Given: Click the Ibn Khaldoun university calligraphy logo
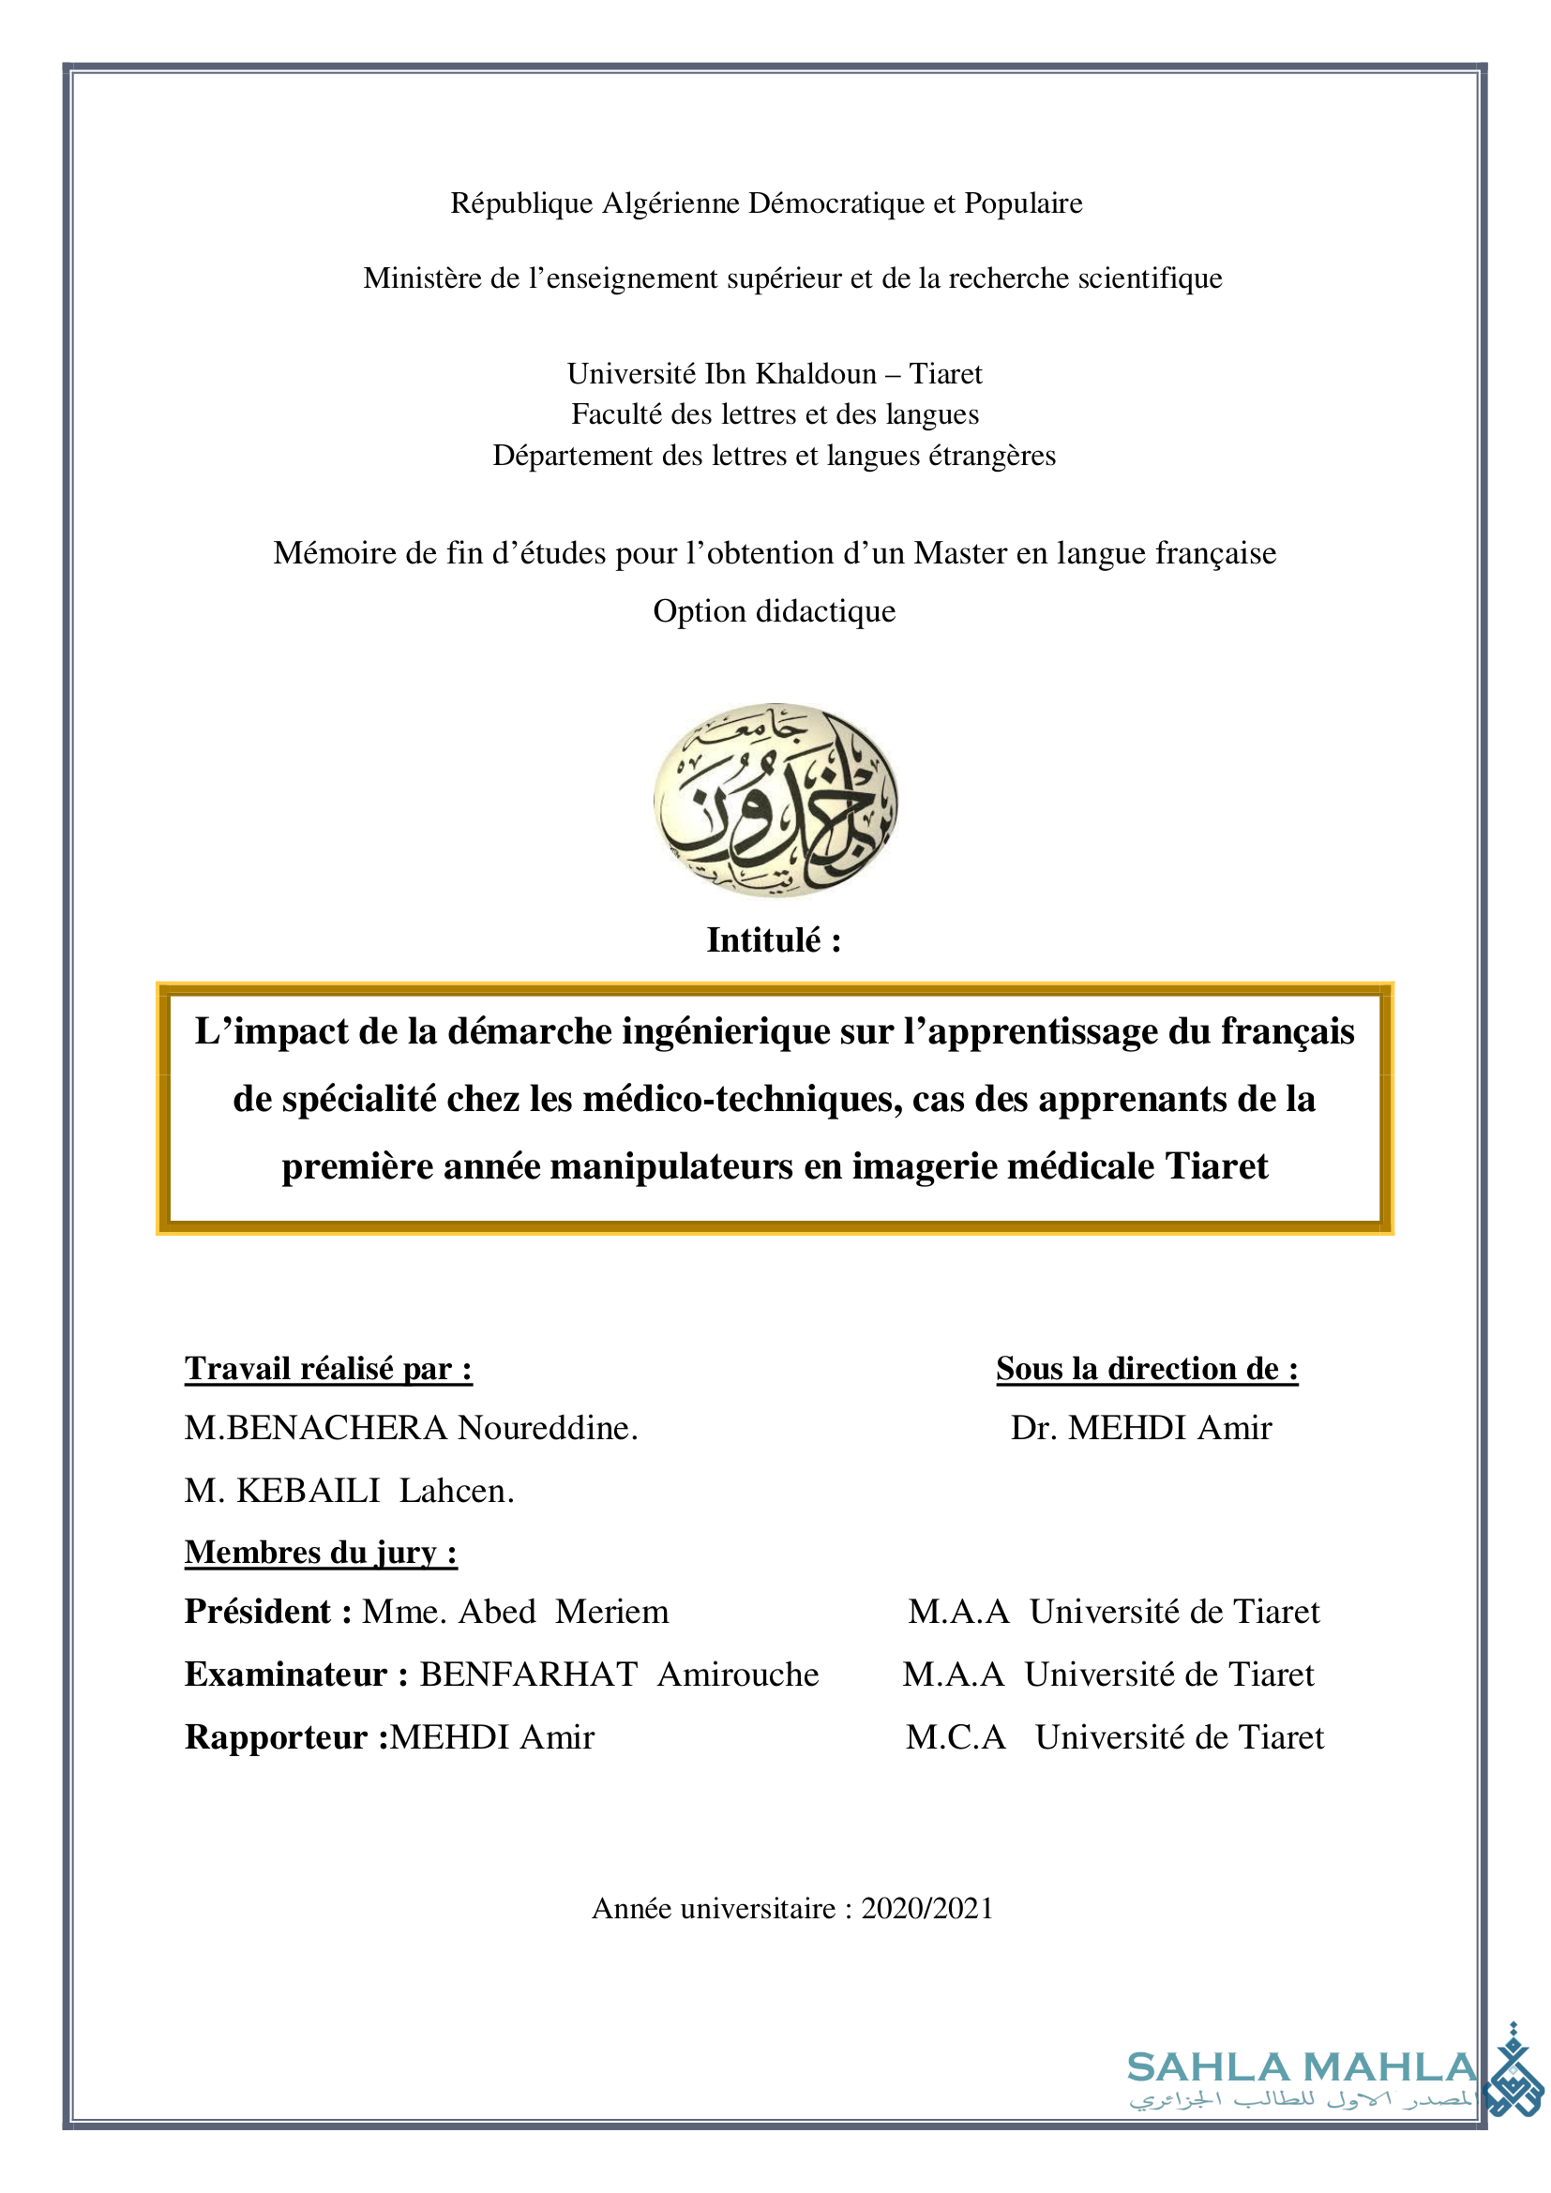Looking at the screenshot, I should click(x=775, y=799).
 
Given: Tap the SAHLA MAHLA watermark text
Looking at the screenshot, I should click(x=1301, y=2067).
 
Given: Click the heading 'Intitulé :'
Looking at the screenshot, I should click(x=774, y=939).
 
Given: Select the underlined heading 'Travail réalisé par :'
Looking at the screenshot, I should click(x=328, y=1368).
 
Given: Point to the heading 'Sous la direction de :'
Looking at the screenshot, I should click(x=1146, y=1368).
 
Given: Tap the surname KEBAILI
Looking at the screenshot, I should click(x=308, y=1490).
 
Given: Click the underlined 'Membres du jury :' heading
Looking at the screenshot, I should click(x=321, y=1552).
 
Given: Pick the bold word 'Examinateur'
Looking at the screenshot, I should click(x=286, y=1675).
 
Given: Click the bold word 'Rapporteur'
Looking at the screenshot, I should click(x=276, y=1736).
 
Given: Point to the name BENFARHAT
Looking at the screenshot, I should click(x=529, y=1675).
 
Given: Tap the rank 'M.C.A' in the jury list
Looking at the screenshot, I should click(x=955, y=1736).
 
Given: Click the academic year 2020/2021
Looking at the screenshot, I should click(x=926, y=1907).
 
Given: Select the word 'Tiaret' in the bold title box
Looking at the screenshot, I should click(x=1216, y=1166).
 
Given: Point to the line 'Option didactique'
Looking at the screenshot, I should click(x=774, y=610).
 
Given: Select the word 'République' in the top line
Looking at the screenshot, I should click(x=521, y=203).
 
